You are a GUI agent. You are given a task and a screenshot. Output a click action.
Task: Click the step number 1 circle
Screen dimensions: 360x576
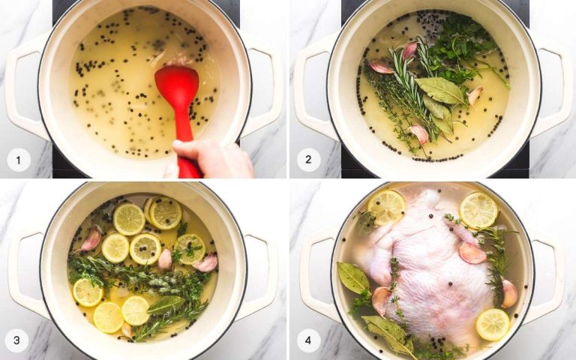coord(19,159)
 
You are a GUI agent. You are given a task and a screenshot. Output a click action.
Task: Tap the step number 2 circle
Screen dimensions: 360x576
coord(308,159)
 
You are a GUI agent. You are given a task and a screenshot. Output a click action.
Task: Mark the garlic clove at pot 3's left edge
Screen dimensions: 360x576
coord(91,240)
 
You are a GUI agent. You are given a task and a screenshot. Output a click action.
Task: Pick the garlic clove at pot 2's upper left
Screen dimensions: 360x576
coord(381,67)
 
